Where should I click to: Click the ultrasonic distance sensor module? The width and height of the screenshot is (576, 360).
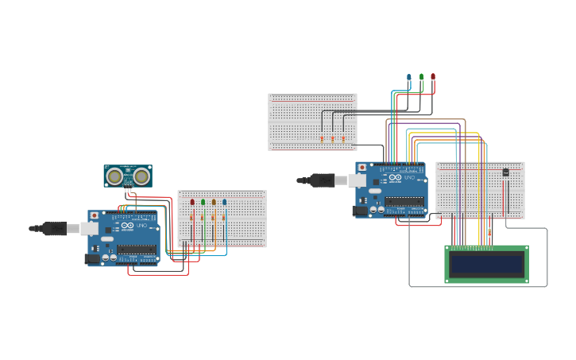(x=127, y=176)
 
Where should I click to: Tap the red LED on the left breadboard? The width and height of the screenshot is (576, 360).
(x=192, y=202)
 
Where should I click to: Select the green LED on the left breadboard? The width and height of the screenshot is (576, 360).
(x=203, y=202)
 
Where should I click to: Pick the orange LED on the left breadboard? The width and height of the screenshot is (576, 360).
(x=214, y=202)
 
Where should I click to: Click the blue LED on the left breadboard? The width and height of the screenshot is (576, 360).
(x=225, y=202)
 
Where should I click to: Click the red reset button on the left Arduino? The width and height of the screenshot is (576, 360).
(x=95, y=215)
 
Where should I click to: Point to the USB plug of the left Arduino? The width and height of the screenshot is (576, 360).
(x=56, y=228)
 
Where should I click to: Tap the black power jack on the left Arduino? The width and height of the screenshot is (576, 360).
(x=93, y=258)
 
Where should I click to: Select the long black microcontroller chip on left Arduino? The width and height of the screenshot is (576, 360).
(x=137, y=249)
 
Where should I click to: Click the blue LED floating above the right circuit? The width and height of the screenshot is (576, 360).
(x=409, y=77)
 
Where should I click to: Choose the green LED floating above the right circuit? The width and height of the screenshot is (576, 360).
(x=421, y=77)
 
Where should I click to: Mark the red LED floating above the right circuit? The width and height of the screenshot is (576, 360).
(x=433, y=77)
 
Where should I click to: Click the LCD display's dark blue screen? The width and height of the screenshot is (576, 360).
(x=486, y=263)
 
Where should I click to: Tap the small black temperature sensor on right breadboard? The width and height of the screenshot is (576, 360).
(x=506, y=172)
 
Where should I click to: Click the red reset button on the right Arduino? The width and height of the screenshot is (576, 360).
(x=362, y=167)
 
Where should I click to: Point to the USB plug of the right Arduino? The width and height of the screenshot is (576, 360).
(x=324, y=180)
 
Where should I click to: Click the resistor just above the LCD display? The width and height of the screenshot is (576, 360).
(x=489, y=231)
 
